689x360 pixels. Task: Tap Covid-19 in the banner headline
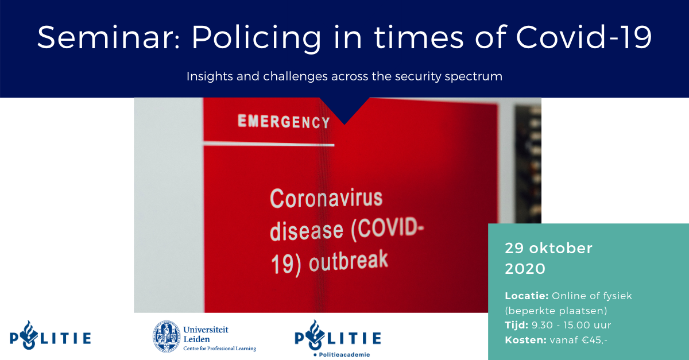583,37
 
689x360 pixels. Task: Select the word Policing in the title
257,39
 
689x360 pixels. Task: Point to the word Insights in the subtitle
210,76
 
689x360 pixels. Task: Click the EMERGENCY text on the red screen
284,122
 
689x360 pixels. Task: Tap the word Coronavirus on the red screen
326,198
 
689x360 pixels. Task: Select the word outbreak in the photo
349,261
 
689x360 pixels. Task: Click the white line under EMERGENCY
269,144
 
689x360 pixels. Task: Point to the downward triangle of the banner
344,108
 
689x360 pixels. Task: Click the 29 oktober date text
548,248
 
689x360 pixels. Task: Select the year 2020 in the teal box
525,269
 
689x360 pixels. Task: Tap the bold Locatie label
527,296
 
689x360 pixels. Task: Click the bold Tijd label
516,325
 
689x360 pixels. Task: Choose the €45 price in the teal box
594,340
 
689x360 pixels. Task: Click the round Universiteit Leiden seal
167,336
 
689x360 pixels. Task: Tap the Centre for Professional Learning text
219,349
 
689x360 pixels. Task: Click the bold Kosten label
525,340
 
